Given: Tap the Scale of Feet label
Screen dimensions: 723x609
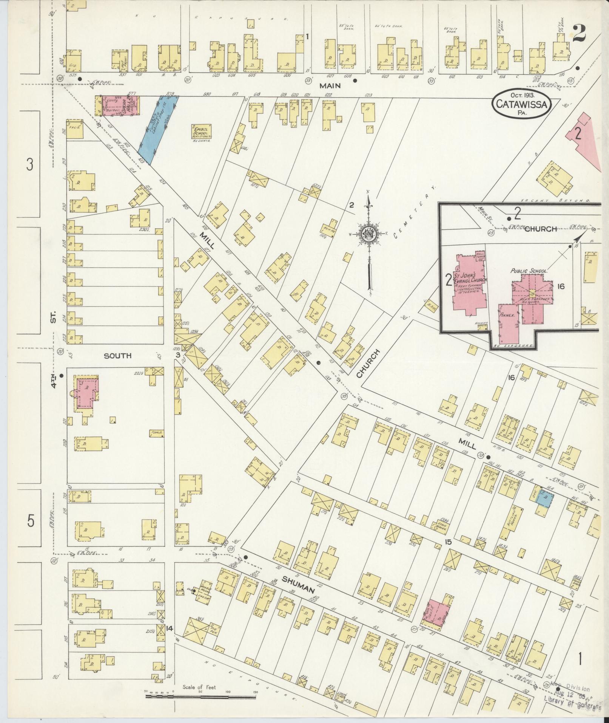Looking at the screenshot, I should coord(199,687).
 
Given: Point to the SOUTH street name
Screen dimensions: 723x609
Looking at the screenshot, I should coord(118,356).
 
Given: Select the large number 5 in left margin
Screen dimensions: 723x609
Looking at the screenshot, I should coord(31,521).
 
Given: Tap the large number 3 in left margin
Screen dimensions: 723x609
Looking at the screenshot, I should coord(30,164).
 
